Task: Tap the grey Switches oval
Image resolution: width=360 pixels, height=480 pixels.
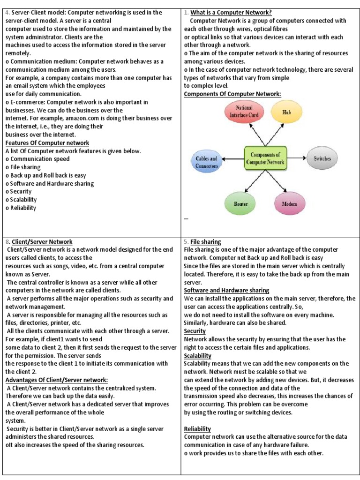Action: (x=322, y=158)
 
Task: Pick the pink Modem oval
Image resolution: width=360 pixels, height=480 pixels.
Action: (x=289, y=204)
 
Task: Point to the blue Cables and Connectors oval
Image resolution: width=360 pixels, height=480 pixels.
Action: (x=206, y=162)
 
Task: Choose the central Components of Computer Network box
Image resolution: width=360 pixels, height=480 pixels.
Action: (x=265, y=158)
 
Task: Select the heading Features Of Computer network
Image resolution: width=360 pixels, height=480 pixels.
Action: (x=47, y=143)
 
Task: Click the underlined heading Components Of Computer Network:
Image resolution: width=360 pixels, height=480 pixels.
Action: (x=232, y=94)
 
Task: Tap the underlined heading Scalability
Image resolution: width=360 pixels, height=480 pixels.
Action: (x=197, y=356)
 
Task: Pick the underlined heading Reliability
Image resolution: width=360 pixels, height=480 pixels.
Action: (x=197, y=429)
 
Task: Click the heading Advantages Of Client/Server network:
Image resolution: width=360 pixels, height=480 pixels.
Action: (x=57, y=380)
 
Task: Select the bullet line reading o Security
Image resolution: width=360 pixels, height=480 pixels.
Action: (x=19, y=192)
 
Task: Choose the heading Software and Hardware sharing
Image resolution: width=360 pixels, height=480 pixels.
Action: (x=226, y=291)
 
